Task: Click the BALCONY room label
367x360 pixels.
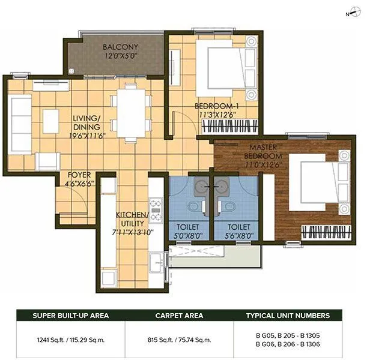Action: coord(120,47)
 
